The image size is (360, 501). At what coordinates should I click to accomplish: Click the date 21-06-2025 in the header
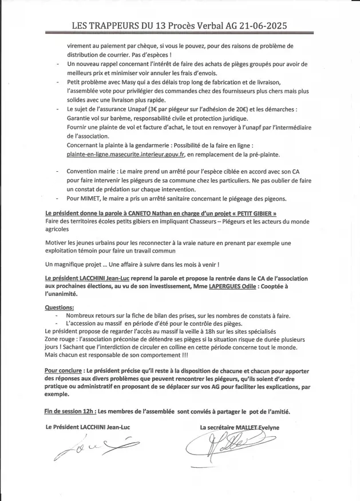click(256, 26)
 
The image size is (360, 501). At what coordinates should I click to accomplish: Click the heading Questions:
click(59, 307)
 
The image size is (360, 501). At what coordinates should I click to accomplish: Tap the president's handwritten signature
click(94, 448)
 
